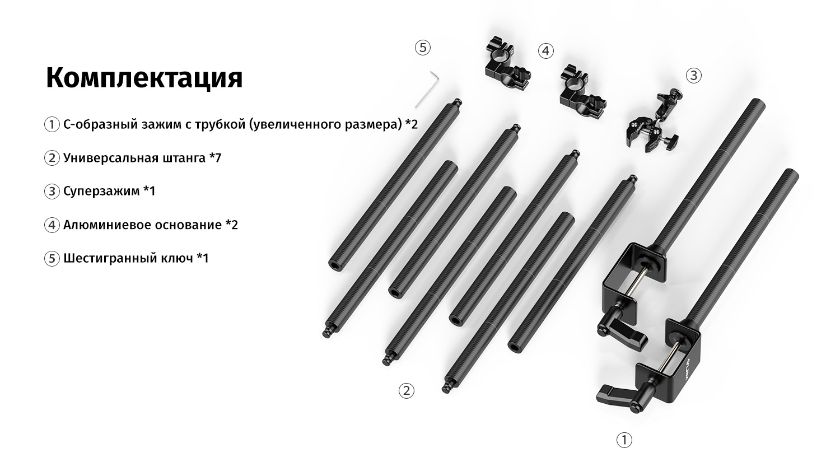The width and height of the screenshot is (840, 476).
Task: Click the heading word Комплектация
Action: pyautogui.click(x=144, y=78)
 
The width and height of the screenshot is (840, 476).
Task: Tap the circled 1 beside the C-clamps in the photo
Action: pyautogui.click(x=624, y=440)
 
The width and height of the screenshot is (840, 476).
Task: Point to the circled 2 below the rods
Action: pyautogui.click(x=406, y=391)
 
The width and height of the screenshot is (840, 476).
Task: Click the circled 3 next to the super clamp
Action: pyautogui.click(x=693, y=76)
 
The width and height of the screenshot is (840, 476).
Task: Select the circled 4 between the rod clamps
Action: pyautogui.click(x=545, y=50)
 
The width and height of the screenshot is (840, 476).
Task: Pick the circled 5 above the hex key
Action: pyautogui.click(x=423, y=48)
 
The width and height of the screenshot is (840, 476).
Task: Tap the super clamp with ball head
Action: pyautogui.click(x=653, y=120)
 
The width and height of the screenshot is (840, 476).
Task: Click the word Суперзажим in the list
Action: pyautogui.click(x=101, y=192)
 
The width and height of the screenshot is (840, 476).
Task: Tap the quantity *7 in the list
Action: pyautogui.click(x=215, y=157)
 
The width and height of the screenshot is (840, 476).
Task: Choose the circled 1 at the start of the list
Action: pyautogui.click(x=52, y=124)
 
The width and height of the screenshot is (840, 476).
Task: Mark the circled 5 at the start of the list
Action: pyautogui.click(x=52, y=259)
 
